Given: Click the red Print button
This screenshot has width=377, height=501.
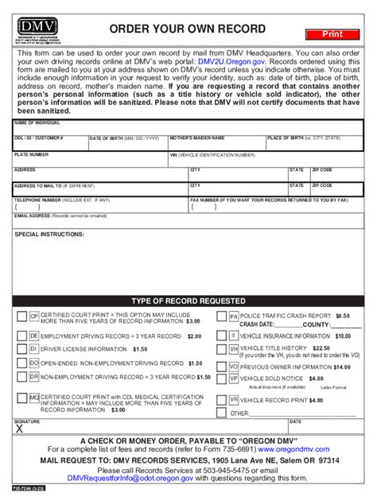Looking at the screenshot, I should [331, 34].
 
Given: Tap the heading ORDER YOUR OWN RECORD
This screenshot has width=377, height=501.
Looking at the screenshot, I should [188, 29].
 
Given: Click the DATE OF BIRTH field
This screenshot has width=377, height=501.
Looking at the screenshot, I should [127, 146].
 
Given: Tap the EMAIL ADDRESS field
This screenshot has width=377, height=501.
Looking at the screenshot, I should [188, 223].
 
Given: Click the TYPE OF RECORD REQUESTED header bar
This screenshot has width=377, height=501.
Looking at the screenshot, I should [188, 301].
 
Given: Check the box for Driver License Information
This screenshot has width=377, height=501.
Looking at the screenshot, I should [21, 349].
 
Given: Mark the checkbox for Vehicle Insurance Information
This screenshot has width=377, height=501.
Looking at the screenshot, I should [222, 336].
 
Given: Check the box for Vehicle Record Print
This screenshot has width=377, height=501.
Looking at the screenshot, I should [222, 400].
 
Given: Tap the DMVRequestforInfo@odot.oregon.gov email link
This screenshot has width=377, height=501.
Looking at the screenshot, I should [128, 480].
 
